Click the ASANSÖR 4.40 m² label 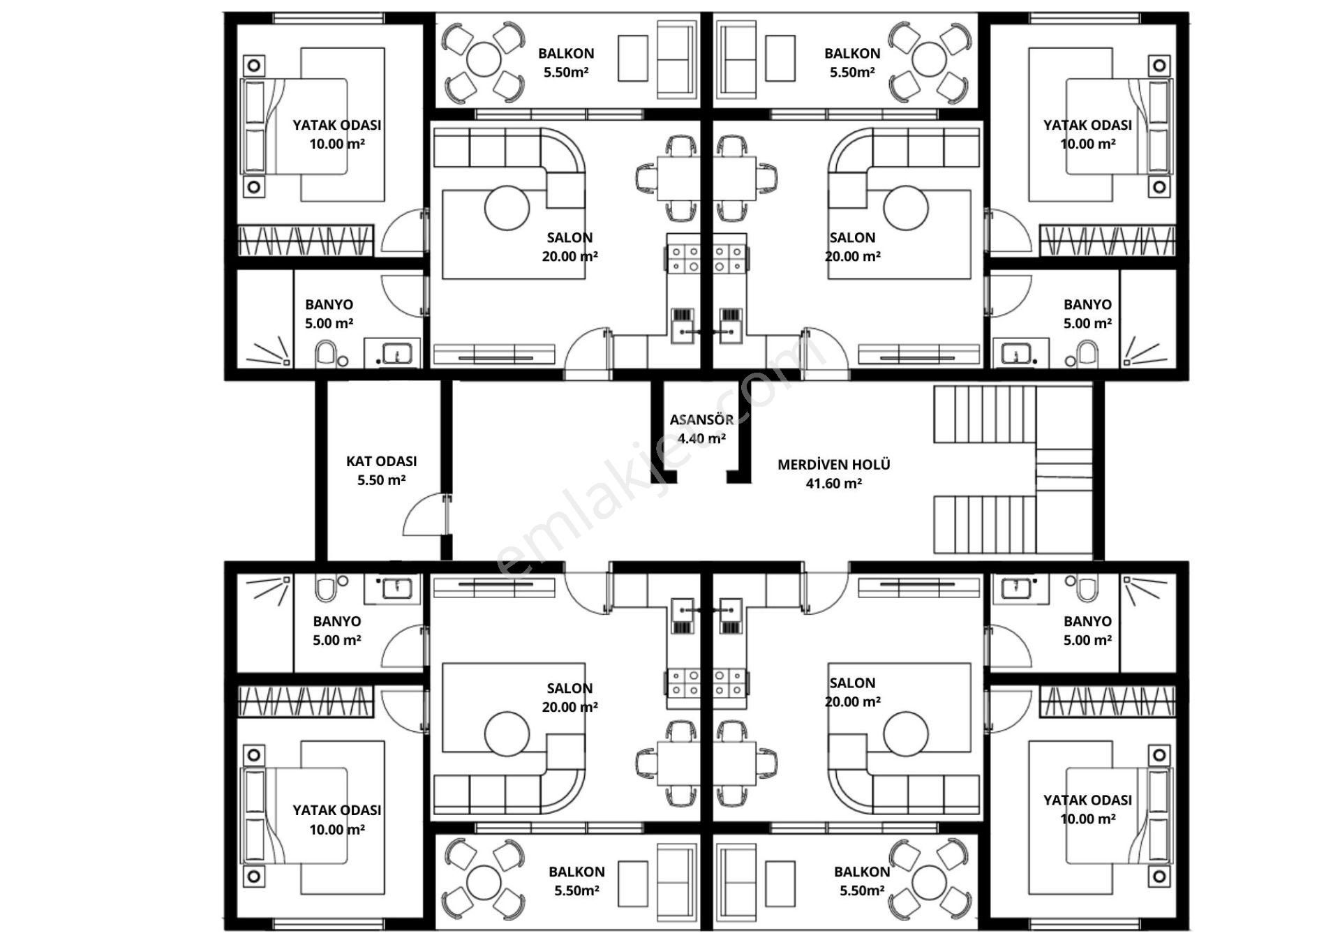tap(701, 429)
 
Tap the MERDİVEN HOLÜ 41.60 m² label tap(834, 474)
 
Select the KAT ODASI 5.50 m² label tap(382, 470)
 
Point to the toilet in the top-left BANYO tap(326, 354)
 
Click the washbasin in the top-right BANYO tap(1016, 354)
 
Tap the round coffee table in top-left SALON tap(507, 208)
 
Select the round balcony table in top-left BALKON tap(484, 60)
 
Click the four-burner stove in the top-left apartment tap(684, 258)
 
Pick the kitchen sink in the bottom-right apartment tap(731, 616)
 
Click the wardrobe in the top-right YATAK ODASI tap(1107, 240)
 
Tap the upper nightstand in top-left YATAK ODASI tap(254, 66)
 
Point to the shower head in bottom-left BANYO tap(286, 580)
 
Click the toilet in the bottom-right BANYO tap(1086, 588)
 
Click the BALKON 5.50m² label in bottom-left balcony tap(576, 881)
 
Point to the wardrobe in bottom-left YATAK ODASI tap(306, 701)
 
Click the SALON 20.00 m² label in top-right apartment tap(853, 247)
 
